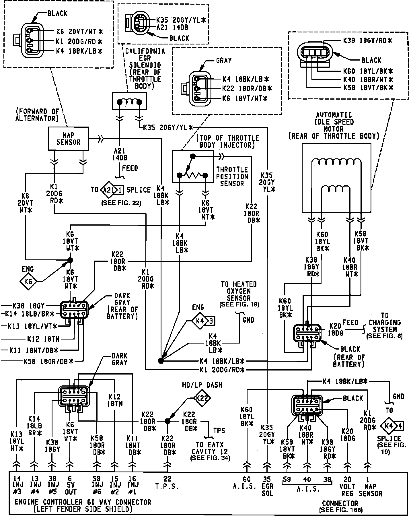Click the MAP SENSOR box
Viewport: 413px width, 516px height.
tap(69, 139)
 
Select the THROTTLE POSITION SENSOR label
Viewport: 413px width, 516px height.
tap(232, 176)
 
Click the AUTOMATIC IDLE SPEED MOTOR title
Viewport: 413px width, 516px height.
tap(334, 125)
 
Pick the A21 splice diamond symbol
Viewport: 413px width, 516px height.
tap(108, 190)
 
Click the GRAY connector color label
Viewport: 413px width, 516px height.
tap(224, 61)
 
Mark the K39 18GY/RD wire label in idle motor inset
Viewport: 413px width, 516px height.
tap(367, 41)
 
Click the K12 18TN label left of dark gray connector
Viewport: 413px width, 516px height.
tap(43, 339)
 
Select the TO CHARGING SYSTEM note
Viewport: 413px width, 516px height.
tap(385, 325)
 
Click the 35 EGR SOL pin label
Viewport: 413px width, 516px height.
tap(267, 486)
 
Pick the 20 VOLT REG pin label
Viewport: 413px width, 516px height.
tap(347, 486)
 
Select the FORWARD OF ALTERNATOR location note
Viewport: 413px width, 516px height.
tap(38, 115)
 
